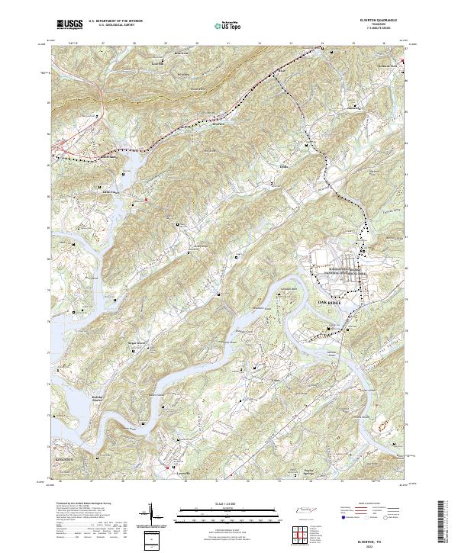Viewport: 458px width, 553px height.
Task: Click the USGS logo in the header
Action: click(x=69, y=24)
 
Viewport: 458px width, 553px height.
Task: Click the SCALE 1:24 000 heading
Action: click(x=228, y=504)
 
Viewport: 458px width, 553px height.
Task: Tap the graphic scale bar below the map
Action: click(x=228, y=513)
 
